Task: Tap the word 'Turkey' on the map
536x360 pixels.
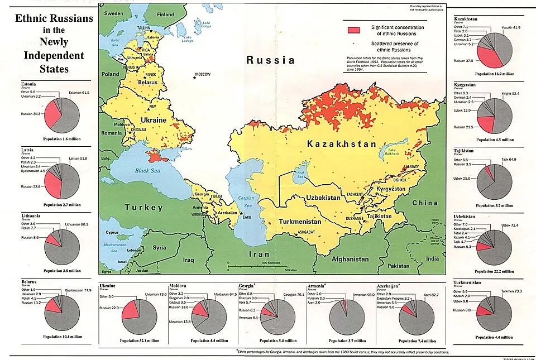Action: pyautogui.click(x=143, y=207)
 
